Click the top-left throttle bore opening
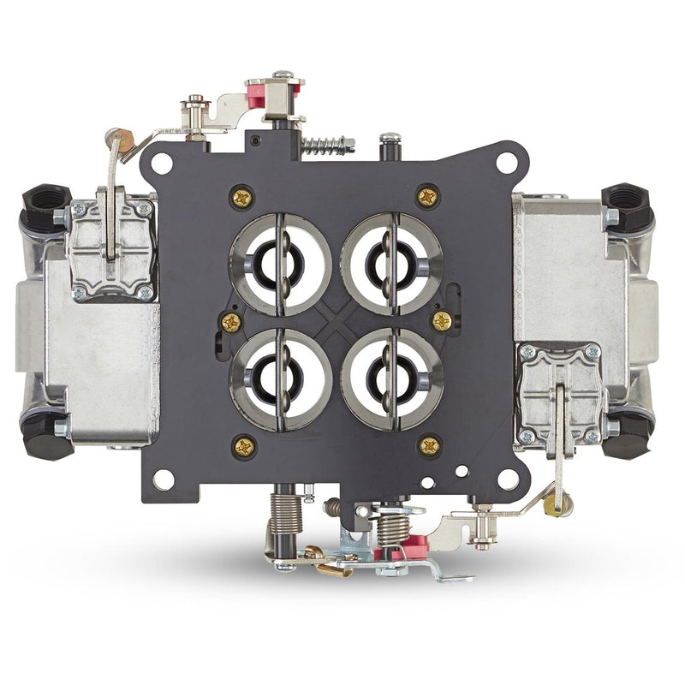280,265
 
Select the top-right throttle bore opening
391,265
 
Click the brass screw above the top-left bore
242,198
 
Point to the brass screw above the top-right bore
428,196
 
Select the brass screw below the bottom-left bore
244,446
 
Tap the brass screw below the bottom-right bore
430,444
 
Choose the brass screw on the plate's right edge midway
442,321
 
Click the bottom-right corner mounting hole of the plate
507,479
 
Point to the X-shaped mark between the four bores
336,322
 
